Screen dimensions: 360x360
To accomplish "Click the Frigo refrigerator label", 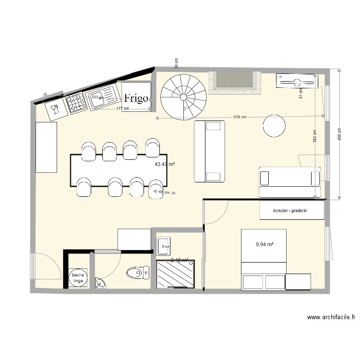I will [136, 98].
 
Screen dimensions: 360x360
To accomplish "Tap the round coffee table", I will [274, 126].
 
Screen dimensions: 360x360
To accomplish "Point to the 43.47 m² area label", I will [165, 164].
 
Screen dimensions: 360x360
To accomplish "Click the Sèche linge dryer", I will [77, 278].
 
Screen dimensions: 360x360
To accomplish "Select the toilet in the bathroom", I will [138, 273].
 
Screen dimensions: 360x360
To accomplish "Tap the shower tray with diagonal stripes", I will [176, 274].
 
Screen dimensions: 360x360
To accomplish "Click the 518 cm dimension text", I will [240, 117].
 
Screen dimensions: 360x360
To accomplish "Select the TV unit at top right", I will [297, 81].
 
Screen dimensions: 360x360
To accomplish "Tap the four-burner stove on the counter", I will [75, 103].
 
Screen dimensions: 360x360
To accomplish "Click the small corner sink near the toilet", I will [100, 284].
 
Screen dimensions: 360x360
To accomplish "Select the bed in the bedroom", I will [264, 259].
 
